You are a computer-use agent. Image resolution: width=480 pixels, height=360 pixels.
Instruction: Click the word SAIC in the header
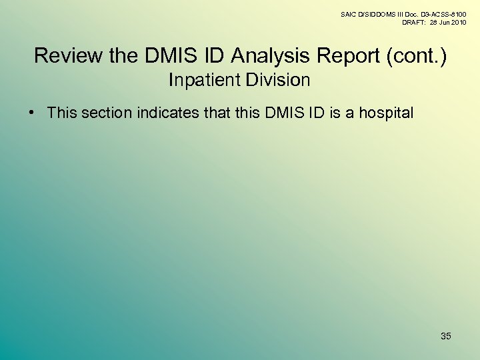349,14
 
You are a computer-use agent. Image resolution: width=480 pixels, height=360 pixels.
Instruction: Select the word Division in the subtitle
281,81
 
